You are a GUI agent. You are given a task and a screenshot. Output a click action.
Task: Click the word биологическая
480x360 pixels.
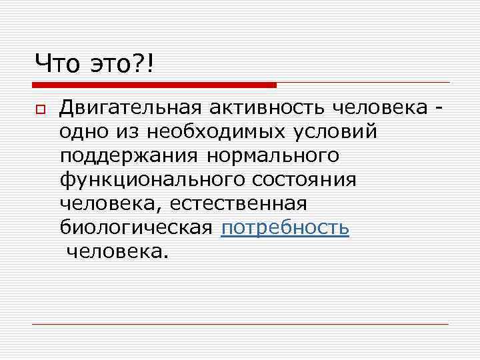(137, 228)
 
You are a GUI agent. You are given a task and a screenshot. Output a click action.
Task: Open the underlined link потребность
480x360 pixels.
(285, 228)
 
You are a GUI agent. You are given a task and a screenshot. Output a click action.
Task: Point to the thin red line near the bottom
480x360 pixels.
(240, 324)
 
